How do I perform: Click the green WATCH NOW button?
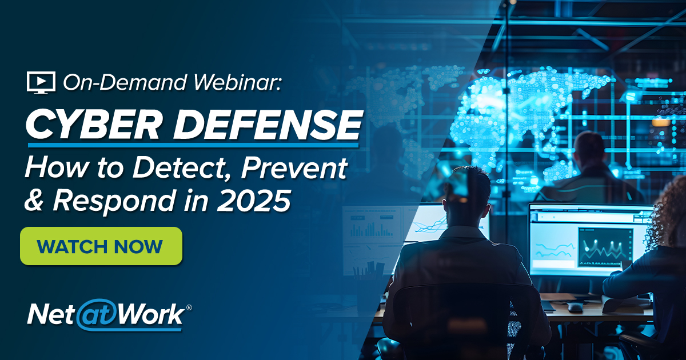coord(101,246)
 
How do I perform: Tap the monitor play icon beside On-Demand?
coord(41,82)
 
